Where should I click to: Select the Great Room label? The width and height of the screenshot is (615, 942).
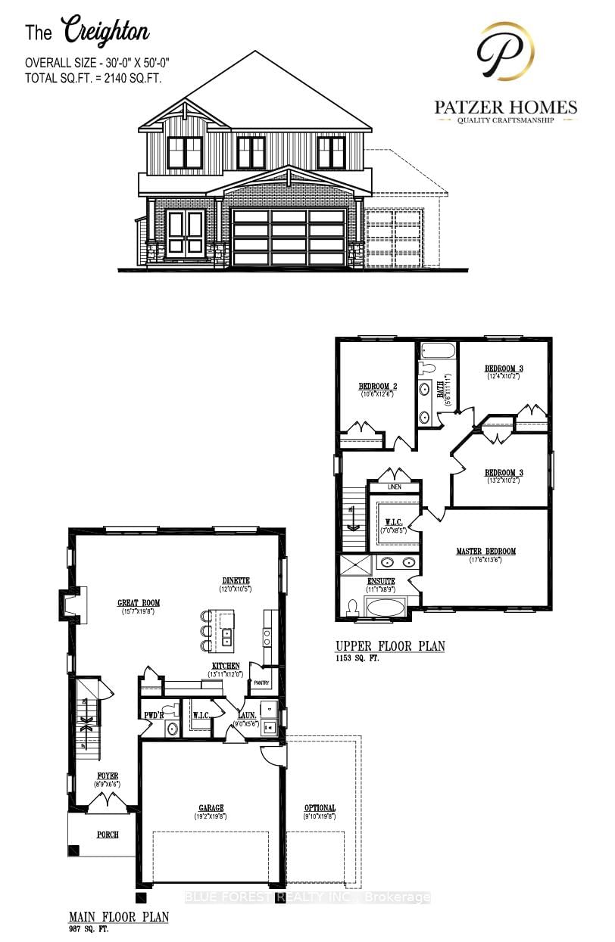pos(139,603)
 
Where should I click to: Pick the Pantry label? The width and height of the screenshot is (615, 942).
pos(262,682)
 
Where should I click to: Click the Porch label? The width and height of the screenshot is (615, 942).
pos(107,836)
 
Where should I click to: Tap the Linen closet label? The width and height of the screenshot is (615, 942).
pos(394,487)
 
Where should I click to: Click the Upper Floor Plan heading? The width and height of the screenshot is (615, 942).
pos(390,646)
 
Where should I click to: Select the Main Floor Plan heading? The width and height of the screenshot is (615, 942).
pos(118,916)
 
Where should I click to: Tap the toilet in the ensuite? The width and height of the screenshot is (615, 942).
pos(351,607)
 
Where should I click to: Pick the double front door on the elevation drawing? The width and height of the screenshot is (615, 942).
pos(186,232)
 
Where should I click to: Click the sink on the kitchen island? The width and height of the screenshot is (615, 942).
pos(226,636)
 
